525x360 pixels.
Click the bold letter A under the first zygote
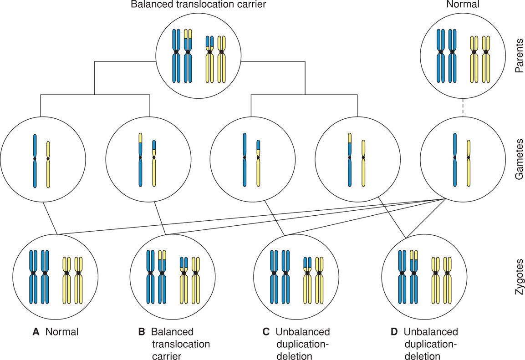point(36,332)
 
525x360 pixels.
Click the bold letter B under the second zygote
point(142,332)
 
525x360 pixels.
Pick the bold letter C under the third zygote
point(266,332)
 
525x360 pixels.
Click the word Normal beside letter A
point(61,332)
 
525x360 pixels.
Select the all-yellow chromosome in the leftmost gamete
point(49,164)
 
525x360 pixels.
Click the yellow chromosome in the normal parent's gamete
point(469,164)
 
